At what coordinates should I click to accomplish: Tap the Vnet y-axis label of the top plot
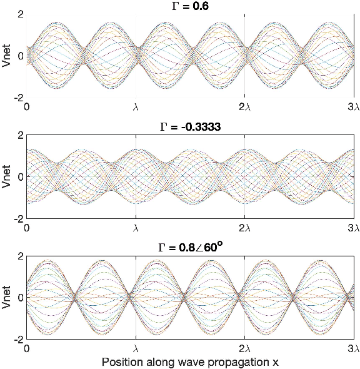point(6,55)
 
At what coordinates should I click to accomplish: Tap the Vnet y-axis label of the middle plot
point(6,176)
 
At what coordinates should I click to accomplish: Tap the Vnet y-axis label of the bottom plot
point(6,297)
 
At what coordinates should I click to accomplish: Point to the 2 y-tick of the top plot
point(20,14)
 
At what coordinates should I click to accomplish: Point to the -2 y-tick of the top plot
point(18,98)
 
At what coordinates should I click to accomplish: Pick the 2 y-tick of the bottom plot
point(20,256)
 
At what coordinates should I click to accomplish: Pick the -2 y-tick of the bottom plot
point(18,340)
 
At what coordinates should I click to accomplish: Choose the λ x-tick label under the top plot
point(136,107)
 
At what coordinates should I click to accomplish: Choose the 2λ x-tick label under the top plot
point(244,107)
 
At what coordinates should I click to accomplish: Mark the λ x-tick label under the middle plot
point(136,228)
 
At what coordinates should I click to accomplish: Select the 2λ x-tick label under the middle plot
point(244,228)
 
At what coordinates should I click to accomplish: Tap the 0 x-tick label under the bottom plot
point(27,348)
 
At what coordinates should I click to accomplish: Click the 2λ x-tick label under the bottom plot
point(244,348)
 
